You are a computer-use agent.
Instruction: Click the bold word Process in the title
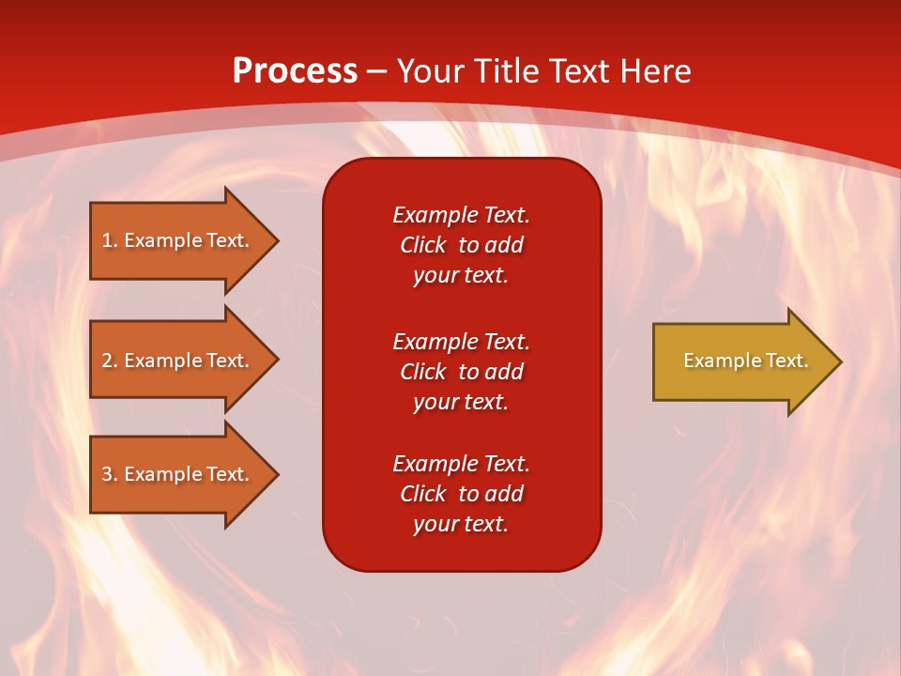pyautogui.click(x=295, y=71)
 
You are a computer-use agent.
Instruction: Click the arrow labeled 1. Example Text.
pyautogui.click(x=178, y=240)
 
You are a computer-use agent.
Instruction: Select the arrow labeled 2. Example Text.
pyautogui.click(x=178, y=361)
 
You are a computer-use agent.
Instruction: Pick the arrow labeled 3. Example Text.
pyautogui.click(x=178, y=474)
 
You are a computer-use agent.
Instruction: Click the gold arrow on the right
pyautogui.click(x=741, y=361)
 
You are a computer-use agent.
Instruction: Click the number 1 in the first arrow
pyautogui.click(x=107, y=240)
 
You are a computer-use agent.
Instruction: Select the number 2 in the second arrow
pyautogui.click(x=107, y=361)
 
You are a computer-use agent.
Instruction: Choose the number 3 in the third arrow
pyautogui.click(x=107, y=474)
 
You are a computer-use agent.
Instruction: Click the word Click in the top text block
pyautogui.click(x=423, y=245)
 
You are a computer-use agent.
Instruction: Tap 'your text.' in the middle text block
pyautogui.click(x=461, y=402)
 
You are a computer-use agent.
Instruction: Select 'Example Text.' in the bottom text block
pyautogui.click(x=461, y=464)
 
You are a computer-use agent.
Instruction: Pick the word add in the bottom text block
pyautogui.click(x=504, y=494)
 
